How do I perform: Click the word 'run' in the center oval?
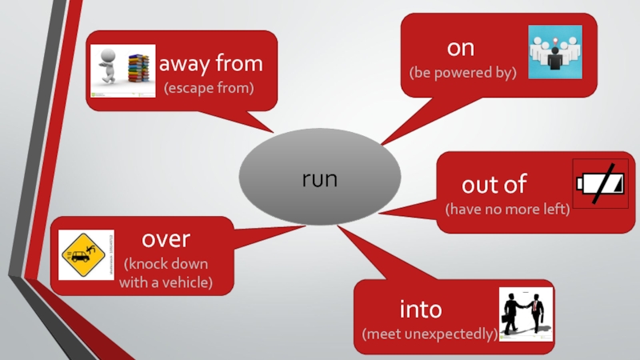point(319,179)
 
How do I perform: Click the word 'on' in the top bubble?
point(461,48)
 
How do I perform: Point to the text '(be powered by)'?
point(462,73)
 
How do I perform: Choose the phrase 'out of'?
point(494,185)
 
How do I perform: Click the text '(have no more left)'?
point(507,210)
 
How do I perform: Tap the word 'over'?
point(166,238)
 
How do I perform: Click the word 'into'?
point(421,308)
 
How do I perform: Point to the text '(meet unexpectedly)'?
point(430,333)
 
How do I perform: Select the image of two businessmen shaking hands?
point(526,315)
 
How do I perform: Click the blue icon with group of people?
point(555,52)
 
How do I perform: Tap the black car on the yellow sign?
point(80,257)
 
